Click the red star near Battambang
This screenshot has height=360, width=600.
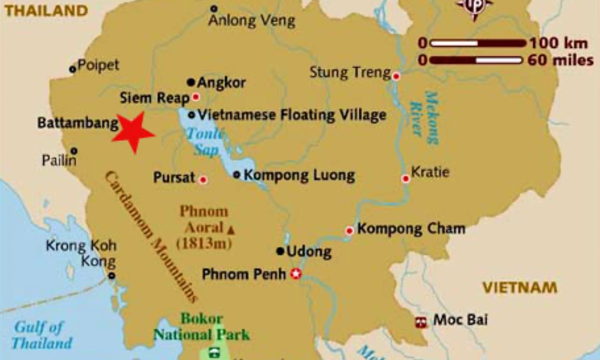[x=134, y=132]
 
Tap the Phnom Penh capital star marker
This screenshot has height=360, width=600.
[x=295, y=275]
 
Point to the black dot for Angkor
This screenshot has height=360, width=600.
[x=191, y=82]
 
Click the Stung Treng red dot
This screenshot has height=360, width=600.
[x=396, y=76]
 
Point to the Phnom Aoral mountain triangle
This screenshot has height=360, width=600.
[x=230, y=229]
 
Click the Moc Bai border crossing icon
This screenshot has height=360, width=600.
[x=421, y=322]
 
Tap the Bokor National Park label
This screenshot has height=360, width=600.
[x=202, y=327]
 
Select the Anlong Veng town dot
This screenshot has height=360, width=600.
[x=214, y=8]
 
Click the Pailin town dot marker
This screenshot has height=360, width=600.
[x=73, y=151]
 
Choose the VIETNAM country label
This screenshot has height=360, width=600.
[x=520, y=287]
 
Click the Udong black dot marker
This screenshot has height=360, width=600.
[x=280, y=251]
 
